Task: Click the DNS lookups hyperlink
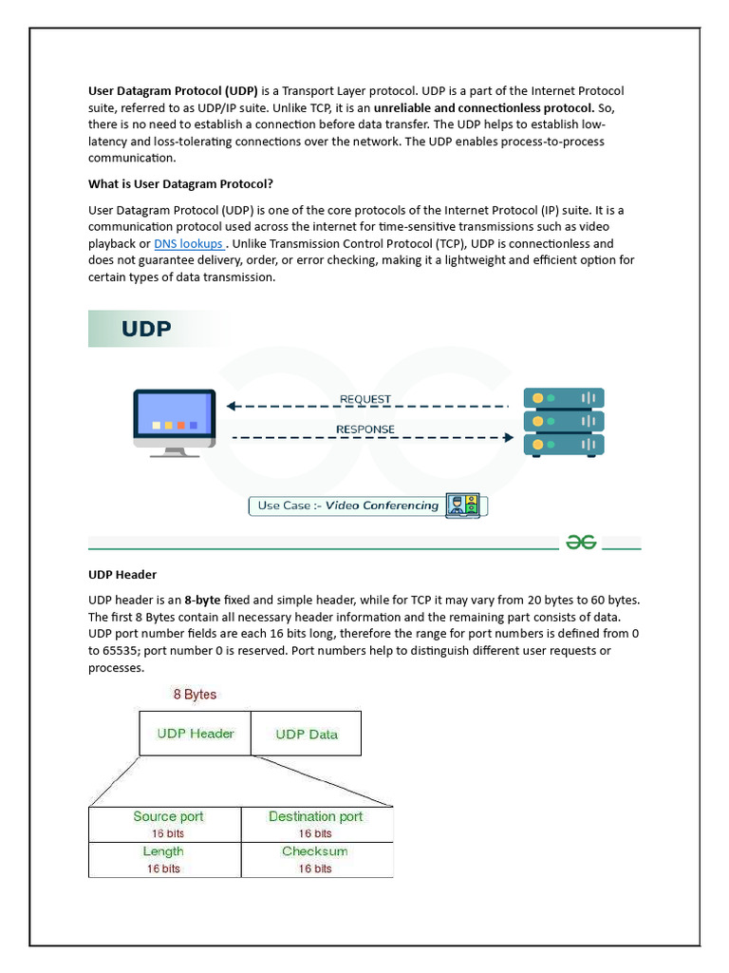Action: [x=189, y=244]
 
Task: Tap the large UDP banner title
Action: [x=146, y=329]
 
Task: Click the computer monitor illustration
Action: [x=175, y=422]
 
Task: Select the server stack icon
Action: [x=564, y=422]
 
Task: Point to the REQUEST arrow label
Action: [x=365, y=399]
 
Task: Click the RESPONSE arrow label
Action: [x=365, y=429]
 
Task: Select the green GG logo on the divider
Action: [x=581, y=542]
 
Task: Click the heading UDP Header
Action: [x=122, y=575]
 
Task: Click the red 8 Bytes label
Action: [x=195, y=695]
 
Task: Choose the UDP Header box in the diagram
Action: [x=196, y=734]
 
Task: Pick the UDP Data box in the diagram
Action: [x=306, y=734]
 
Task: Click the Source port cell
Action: [x=167, y=824]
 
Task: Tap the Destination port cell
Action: [x=315, y=824]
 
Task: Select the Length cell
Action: [x=163, y=859]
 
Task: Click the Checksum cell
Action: [x=315, y=859]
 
